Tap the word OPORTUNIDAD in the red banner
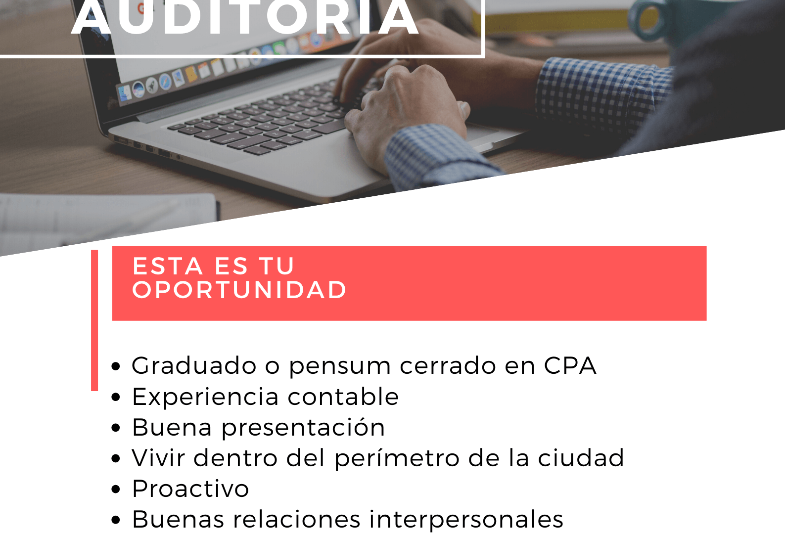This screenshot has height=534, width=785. click(x=239, y=290)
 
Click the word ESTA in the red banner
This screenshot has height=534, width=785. click(x=168, y=266)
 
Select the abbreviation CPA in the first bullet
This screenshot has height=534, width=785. click(x=570, y=366)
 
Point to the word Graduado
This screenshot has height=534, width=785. click(x=194, y=365)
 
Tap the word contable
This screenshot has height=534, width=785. click(x=343, y=396)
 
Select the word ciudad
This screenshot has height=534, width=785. click(x=581, y=458)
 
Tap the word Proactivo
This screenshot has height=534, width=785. click(x=190, y=489)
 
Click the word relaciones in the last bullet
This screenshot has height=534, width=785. click(x=296, y=519)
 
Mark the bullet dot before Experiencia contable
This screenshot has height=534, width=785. click(x=116, y=398)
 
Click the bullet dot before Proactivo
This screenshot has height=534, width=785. click(x=116, y=489)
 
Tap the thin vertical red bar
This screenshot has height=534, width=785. click(x=94, y=320)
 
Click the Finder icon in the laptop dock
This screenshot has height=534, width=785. click(x=125, y=93)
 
